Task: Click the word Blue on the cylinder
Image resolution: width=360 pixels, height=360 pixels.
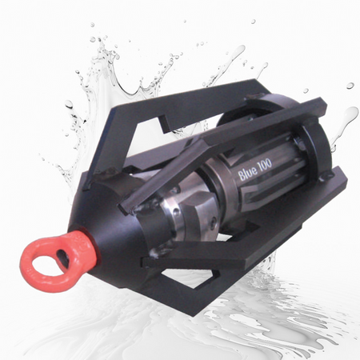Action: pyautogui.click(x=247, y=172)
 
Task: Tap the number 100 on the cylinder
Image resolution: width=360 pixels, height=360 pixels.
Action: pyautogui.click(x=265, y=163)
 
